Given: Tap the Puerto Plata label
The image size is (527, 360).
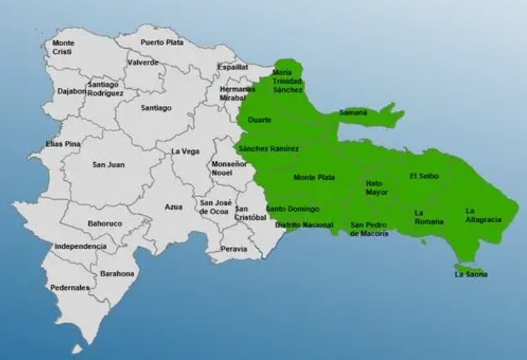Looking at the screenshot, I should click(162, 42).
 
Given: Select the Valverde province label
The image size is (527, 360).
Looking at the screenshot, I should click(143, 63).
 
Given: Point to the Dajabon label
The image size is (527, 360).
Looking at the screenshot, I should click(72, 91).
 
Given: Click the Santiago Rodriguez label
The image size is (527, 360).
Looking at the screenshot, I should click(105, 90).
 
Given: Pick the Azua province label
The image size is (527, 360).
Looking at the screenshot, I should click(173, 207).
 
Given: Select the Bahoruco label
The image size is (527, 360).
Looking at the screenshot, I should click(104, 222).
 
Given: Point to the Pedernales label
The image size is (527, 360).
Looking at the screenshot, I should click(70, 287).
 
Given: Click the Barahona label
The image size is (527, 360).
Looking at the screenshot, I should click(117, 273).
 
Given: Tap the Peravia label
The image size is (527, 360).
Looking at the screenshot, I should click(234, 250).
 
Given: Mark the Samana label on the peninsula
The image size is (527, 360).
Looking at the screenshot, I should click(352, 113).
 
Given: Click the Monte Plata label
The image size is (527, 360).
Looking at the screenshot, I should click(314, 178).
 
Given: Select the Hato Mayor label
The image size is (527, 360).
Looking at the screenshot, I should click(377, 187).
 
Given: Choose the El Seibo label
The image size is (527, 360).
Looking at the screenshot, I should click(423, 176).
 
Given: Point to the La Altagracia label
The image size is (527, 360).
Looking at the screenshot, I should click(484, 215).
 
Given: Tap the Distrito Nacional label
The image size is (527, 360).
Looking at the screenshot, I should click(300, 224).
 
